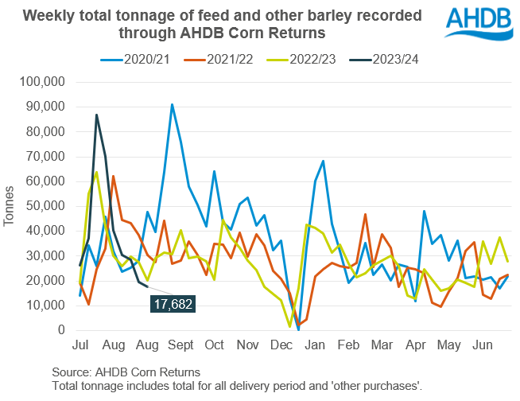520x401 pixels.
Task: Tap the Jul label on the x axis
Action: tap(81, 347)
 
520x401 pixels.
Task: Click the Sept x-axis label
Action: tap(181, 347)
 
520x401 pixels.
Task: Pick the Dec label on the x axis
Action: tap(281, 347)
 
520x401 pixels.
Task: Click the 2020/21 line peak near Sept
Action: tap(172, 104)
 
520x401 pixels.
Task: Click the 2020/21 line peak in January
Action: tap(324, 161)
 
